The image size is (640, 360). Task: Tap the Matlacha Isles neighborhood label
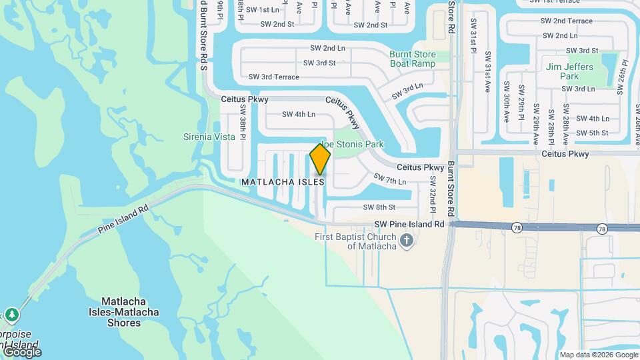283,181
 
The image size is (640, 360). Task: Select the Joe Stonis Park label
353,144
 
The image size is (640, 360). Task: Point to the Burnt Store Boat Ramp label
413,59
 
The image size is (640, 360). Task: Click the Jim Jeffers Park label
571,71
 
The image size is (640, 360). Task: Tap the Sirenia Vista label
209,137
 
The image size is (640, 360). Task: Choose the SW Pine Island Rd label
409,225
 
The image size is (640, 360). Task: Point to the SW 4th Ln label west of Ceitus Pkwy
298,114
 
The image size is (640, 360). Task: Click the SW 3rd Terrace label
274,77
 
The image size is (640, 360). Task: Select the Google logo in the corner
22,351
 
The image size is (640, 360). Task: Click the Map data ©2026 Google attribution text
598,355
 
